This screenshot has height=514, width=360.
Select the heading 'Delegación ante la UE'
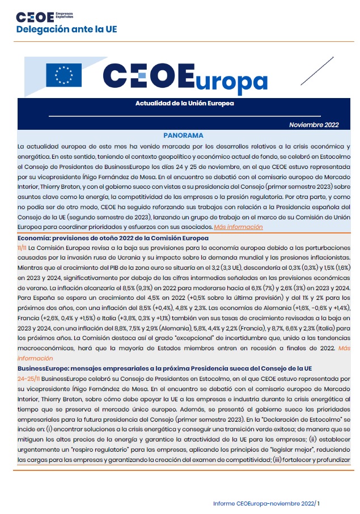pyautogui.click(x=66, y=29)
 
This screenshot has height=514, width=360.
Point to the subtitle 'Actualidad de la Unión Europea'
pyautogui.click(x=177, y=104)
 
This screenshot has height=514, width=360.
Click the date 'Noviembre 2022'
pyautogui.click(x=314, y=125)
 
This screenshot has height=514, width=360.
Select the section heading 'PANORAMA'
pyautogui.click(x=183, y=137)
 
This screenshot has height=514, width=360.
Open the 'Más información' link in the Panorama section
pyautogui.click(x=238, y=227)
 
